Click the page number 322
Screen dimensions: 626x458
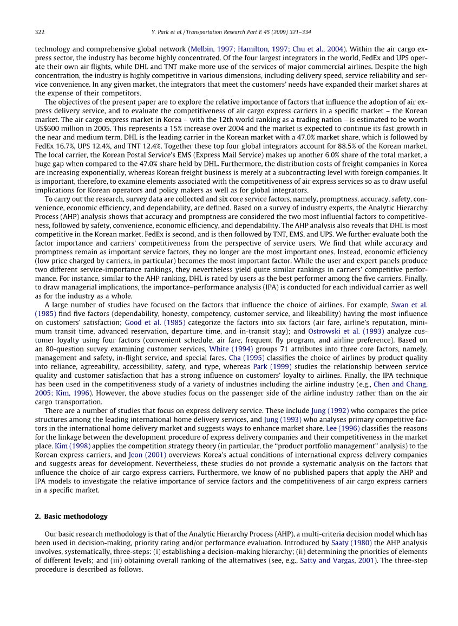(x=40, y=32)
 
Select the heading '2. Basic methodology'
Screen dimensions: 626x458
(x=71, y=516)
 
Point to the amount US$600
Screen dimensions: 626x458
(x=49, y=128)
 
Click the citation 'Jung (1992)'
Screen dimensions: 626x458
(x=330, y=410)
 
